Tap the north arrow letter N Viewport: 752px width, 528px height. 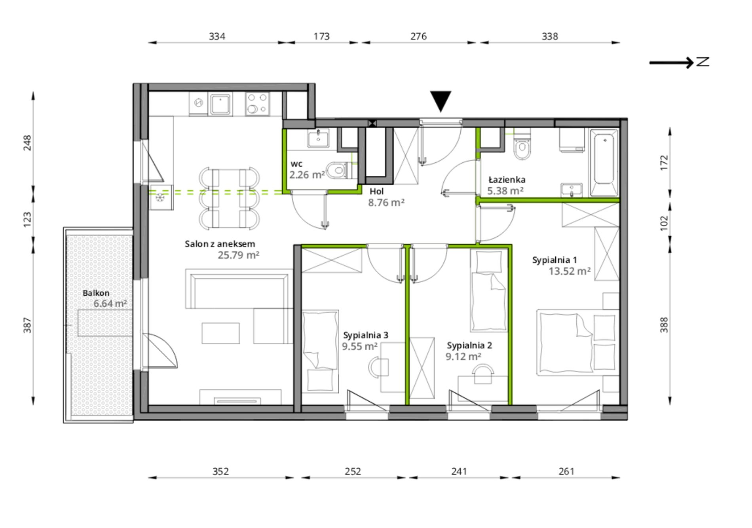703,62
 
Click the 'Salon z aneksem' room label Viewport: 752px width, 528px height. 220,244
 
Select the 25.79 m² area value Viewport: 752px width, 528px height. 238,255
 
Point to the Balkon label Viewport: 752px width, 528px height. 96,293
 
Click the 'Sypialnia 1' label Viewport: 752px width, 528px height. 555,260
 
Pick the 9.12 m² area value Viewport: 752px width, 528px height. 463,357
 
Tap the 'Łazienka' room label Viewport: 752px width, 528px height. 507,179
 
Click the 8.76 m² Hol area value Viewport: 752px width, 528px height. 386,203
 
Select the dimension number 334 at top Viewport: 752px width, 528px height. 217,36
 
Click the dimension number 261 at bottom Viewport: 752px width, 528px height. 566,471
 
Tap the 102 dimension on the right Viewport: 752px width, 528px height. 664,223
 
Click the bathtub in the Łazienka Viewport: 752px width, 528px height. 604,163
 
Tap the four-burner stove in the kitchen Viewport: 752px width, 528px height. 257,104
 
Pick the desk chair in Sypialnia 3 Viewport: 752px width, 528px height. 378,367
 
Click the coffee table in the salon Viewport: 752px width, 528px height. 220,333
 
